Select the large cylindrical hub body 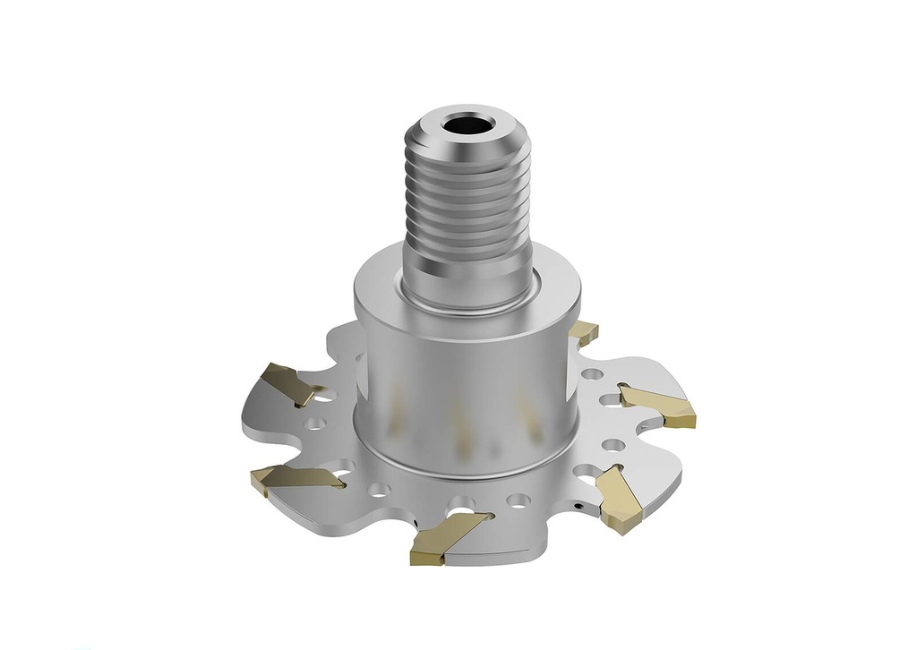(x=466, y=376)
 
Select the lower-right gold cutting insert (x=617, y=501)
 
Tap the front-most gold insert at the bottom (x=443, y=537)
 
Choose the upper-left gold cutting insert (x=291, y=382)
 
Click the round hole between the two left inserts (x=314, y=422)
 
